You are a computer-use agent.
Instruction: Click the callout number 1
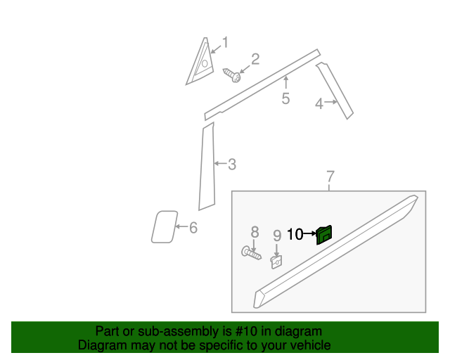tap(226, 42)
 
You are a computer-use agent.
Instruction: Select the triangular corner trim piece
tap(199, 63)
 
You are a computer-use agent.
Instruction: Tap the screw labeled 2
tap(231, 74)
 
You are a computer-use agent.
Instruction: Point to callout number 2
tap(255, 59)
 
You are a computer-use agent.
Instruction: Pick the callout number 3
tap(231, 165)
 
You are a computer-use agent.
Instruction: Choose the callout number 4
tap(319, 104)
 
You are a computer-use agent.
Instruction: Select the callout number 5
tap(285, 98)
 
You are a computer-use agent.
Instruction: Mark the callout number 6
tap(193, 227)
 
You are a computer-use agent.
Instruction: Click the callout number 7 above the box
tap(330, 176)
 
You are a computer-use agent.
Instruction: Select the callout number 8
tap(255, 232)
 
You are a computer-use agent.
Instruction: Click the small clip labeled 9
tap(277, 262)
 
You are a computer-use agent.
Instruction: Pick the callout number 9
tap(277, 236)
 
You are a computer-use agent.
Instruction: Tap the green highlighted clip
tap(324, 234)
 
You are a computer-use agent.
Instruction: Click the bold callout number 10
tap(295, 234)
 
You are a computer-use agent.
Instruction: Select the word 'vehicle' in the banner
tap(310, 345)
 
